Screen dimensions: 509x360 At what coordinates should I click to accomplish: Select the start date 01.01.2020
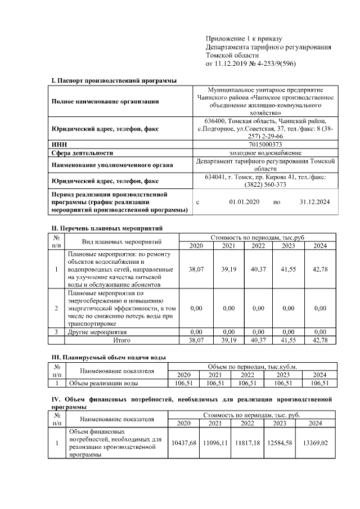(x=244, y=201)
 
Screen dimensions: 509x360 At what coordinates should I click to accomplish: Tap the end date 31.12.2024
(x=314, y=201)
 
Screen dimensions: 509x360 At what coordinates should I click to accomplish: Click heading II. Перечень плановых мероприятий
(x=107, y=229)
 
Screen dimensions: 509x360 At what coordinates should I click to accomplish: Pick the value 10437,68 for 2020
(x=184, y=444)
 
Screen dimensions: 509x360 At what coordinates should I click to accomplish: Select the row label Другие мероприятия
(x=96, y=332)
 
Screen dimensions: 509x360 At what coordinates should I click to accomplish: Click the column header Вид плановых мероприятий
(x=122, y=242)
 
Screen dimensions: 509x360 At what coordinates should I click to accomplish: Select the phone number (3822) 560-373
(x=265, y=184)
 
